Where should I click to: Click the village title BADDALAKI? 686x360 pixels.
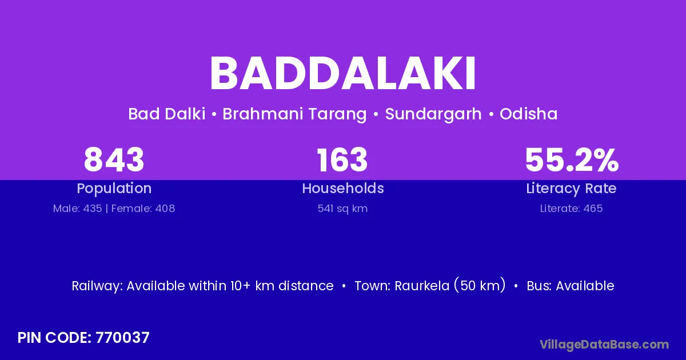point(342,73)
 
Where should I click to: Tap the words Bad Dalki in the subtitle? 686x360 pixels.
point(166,114)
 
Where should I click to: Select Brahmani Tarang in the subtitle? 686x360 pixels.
point(294,114)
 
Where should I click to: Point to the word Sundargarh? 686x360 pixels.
point(433,114)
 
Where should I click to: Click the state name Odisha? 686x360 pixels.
point(528,114)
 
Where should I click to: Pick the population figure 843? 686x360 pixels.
point(114,160)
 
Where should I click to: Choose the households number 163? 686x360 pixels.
point(342,160)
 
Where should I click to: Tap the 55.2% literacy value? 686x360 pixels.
point(572,160)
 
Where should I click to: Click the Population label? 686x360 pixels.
point(114,189)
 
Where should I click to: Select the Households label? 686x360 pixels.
point(343,188)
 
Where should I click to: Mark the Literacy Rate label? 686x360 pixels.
point(571,189)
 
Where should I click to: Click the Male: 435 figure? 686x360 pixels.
point(78,209)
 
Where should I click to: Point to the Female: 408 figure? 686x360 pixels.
point(143,209)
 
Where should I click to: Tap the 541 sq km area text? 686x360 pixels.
point(342,209)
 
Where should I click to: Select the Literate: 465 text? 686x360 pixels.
point(571,209)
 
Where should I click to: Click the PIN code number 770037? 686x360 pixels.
point(122,338)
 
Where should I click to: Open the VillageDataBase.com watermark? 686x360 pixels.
point(604,345)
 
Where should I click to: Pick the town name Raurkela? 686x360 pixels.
point(422,286)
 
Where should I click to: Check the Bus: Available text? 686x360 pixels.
point(571,286)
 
